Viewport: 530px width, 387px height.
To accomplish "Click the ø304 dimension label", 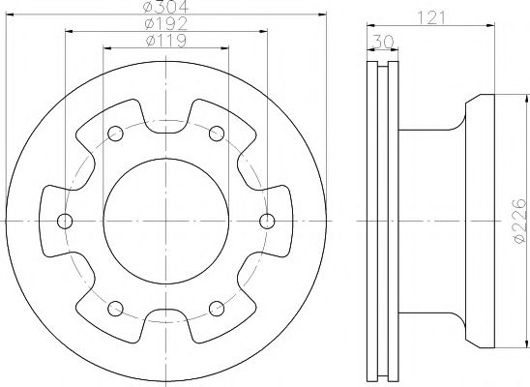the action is (x=165, y=7).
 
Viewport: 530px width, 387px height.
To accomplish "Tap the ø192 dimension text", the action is (x=165, y=23).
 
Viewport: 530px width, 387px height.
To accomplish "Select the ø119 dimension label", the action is (x=166, y=41).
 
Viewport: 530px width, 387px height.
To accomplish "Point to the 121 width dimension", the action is (x=431, y=17).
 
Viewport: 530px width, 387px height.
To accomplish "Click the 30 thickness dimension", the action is (x=383, y=42).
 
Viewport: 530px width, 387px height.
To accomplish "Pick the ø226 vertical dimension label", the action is (x=519, y=221).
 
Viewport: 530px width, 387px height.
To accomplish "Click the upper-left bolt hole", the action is (x=115, y=134).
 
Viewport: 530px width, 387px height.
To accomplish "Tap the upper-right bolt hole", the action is (x=217, y=134).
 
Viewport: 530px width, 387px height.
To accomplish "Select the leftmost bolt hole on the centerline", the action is (x=65, y=221).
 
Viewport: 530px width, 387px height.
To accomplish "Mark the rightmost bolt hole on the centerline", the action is (x=267, y=221).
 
